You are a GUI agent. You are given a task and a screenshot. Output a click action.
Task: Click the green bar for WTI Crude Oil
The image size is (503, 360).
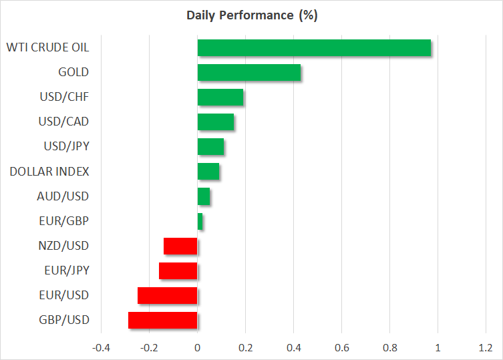coord(314,48)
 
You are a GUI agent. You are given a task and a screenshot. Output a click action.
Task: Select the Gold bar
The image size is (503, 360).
coord(248,73)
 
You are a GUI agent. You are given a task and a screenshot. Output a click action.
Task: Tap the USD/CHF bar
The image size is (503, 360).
coord(220,98)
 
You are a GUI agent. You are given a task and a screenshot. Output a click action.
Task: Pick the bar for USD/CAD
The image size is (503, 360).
coord(215,122)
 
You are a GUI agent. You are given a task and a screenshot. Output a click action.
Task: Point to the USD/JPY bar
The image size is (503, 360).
coord(210,147)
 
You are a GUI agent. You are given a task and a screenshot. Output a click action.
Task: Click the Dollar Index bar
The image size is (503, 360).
coord(208,172)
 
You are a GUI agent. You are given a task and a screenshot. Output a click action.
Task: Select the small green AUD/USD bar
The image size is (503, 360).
coord(203,196)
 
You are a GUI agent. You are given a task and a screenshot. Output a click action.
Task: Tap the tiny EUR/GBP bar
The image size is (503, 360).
coord(200,221)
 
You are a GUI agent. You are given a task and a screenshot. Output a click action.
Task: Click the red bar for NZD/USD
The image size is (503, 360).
coord(180,246)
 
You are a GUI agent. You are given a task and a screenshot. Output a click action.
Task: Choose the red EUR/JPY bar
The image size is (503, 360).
coord(178,271)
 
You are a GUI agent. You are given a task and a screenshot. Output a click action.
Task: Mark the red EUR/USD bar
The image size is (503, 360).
coord(167,295)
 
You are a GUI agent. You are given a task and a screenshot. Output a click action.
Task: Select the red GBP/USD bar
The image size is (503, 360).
coord(162,320)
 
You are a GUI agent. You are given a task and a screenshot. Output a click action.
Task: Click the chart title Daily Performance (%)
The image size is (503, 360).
coord(251,15)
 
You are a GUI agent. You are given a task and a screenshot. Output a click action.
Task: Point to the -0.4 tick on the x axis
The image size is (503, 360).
coord(101,348)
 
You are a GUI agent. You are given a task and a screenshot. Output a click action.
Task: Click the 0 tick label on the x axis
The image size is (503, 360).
coord(197,348)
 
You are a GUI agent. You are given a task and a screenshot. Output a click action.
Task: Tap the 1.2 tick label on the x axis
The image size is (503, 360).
coord(486,348)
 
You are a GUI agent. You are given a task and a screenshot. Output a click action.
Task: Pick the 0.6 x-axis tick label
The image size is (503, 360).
coord(341,348)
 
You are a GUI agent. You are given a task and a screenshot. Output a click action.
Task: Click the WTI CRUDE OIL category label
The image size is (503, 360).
coord(47,48)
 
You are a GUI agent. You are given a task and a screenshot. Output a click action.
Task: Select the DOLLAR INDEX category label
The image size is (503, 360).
coord(49,172)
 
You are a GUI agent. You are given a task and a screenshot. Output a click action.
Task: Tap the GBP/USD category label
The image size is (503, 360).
coord(64,320)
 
